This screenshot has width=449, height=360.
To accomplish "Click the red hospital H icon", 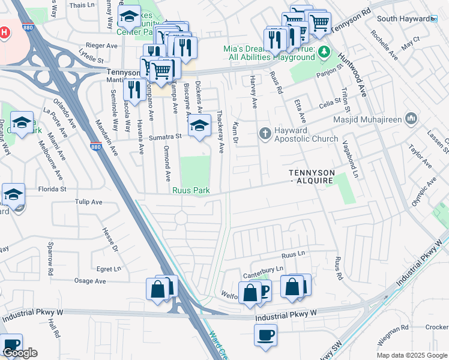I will (5, 32).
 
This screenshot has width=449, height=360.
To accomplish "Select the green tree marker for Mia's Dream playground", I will (324, 52).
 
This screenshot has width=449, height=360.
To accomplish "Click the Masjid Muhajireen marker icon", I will (411, 117).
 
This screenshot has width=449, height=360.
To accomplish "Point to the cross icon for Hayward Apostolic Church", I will (265, 133).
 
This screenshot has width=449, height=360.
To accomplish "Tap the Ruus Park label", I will (191, 191).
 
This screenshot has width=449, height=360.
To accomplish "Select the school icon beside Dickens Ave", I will (199, 126).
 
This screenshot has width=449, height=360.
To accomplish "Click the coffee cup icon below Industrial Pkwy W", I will (265, 335).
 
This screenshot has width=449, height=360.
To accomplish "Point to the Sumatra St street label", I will (166, 137).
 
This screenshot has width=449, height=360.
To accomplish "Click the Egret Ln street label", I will (108, 269).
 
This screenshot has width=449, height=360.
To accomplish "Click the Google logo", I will (20, 353).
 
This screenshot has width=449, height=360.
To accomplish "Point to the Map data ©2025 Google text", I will (412, 355).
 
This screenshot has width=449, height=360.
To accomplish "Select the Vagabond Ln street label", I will (349, 161).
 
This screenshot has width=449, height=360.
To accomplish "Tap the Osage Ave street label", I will (90, 281).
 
